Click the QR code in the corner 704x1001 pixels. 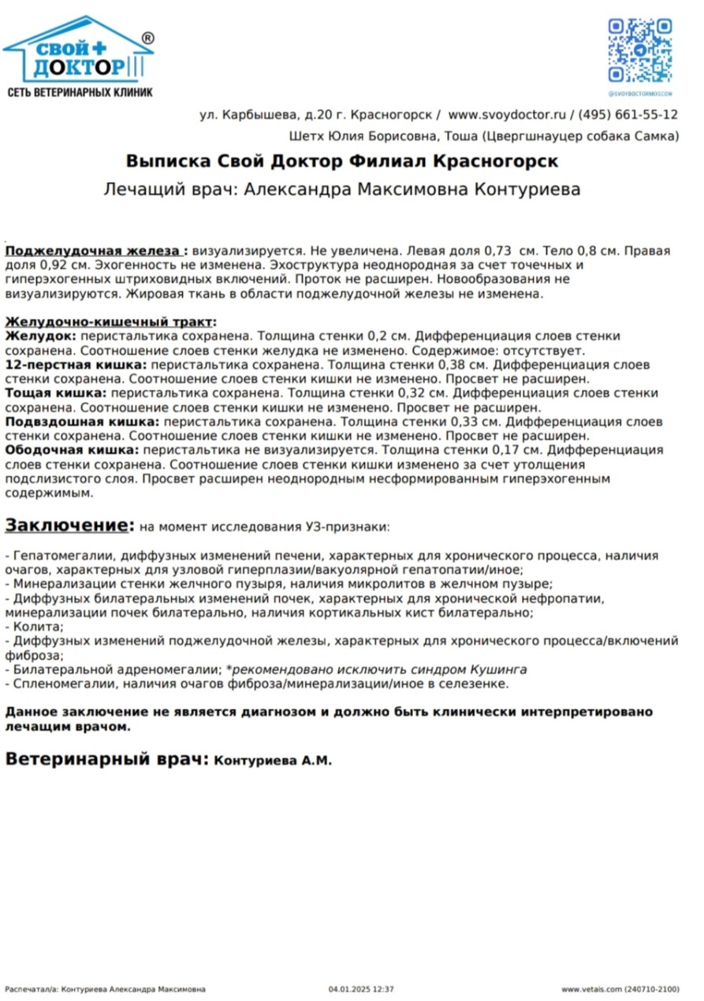pos(639,50)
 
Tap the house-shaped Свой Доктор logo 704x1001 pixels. pos(78,52)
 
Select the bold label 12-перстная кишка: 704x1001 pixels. pos(76,366)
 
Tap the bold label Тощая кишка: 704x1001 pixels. pos(56,393)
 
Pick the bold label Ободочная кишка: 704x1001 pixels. pos(72,450)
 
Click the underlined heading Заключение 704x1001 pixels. pos(66,525)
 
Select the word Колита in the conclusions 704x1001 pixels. pos(34,627)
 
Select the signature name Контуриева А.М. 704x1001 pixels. pos(273,761)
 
